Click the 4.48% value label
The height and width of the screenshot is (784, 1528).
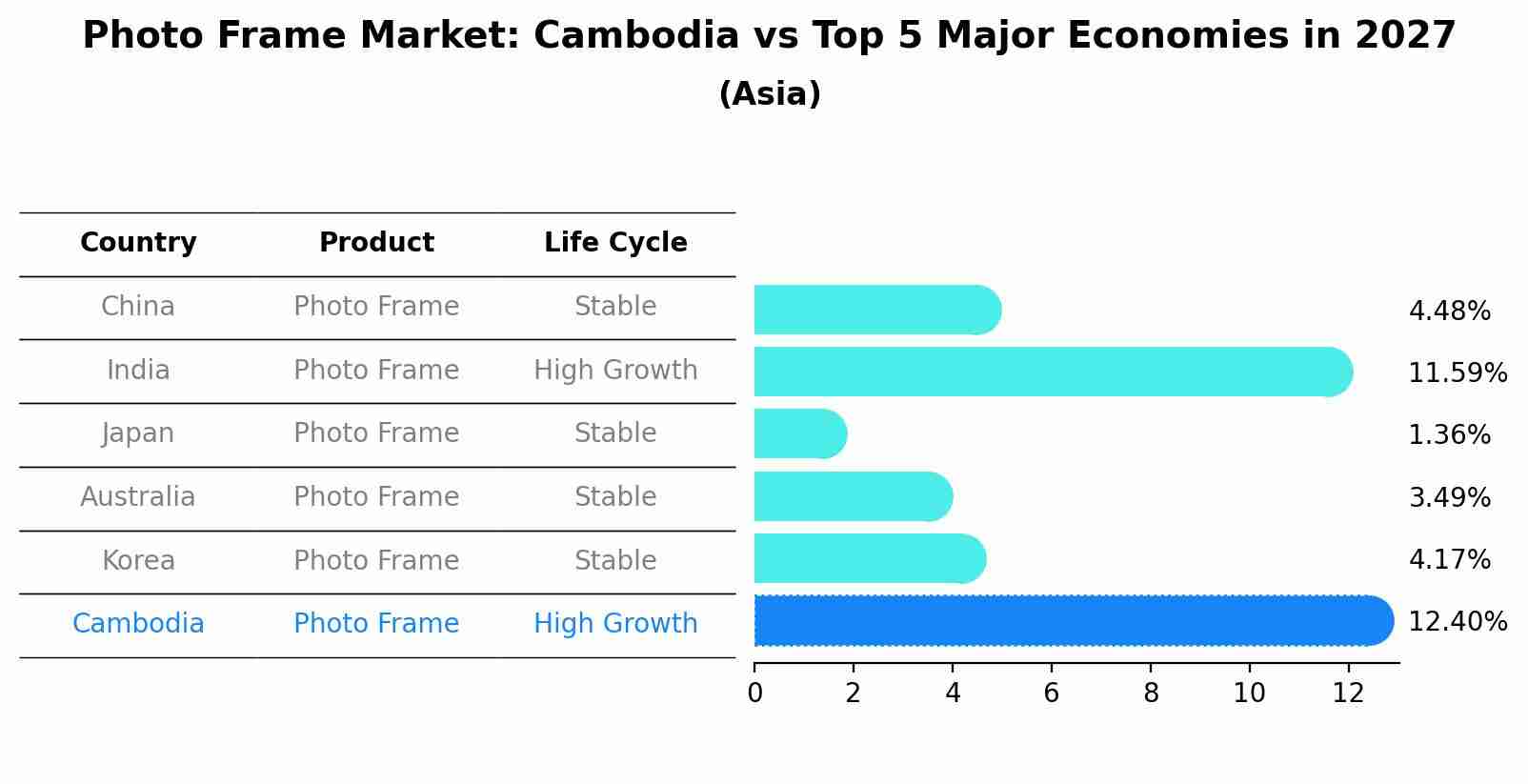1449,312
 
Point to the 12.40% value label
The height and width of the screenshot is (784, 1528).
1458,622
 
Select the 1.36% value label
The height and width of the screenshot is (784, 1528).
1449,435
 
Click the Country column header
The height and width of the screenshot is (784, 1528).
138,243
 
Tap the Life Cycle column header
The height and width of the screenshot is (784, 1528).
615,243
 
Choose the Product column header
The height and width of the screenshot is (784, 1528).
376,243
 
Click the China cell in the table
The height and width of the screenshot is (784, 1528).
138,307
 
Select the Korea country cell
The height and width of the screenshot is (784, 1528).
138,560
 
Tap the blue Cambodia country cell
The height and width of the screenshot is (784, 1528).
138,624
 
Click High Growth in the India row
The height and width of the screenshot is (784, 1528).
615,370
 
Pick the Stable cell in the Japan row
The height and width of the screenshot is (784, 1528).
615,433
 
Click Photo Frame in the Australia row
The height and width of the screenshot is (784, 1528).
376,496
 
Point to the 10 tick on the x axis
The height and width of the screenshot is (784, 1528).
1249,694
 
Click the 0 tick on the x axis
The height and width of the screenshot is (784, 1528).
754,694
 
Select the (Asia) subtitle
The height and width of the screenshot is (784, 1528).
770,94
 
